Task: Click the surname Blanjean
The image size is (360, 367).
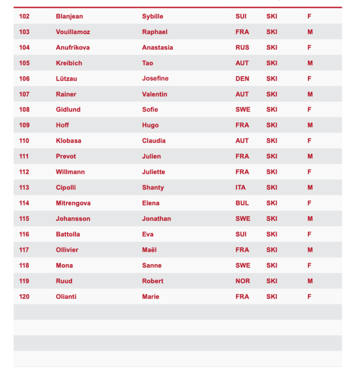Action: tap(69, 16)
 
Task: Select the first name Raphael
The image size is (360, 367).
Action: tap(155, 32)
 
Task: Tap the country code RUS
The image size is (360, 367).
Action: tap(242, 48)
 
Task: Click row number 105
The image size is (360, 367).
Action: tap(24, 63)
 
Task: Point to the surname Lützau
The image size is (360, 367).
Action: tap(66, 79)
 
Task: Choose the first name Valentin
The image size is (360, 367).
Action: tap(155, 94)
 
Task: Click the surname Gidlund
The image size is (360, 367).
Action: tap(68, 110)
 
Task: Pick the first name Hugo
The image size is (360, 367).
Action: tap(150, 125)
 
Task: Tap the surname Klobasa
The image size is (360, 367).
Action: tap(68, 141)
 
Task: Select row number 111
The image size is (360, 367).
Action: tap(24, 156)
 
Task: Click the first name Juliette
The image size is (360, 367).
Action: tap(154, 172)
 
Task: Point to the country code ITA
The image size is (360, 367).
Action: tap(240, 187)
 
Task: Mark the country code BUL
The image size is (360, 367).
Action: tap(242, 203)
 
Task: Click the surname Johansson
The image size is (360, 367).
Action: tap(73, 219)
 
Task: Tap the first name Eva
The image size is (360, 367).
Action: tap(148, 235)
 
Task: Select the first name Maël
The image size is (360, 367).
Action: tap(149, 250)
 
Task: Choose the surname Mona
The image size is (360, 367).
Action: tap(64, 265)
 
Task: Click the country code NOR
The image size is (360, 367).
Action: tap(242, 281)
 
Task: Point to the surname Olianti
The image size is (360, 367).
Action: tap(66, 296)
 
